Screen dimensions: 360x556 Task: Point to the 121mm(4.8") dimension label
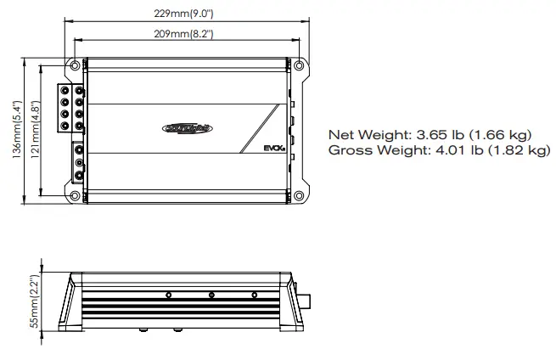(x=36, y=130)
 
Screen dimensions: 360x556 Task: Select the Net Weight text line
(x=430, y=134)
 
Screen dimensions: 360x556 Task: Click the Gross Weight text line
(x=438, y=150)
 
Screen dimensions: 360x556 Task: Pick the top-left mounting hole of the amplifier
(x=76, y=65)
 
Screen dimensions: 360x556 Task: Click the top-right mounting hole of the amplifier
(x=298, y=65)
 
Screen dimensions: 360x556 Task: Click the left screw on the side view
(x=170, y=295)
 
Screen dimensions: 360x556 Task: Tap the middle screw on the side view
(x=211, y=295)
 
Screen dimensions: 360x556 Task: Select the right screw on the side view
(x=254, y=295)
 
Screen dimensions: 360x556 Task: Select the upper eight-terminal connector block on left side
(x=70, y=107)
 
